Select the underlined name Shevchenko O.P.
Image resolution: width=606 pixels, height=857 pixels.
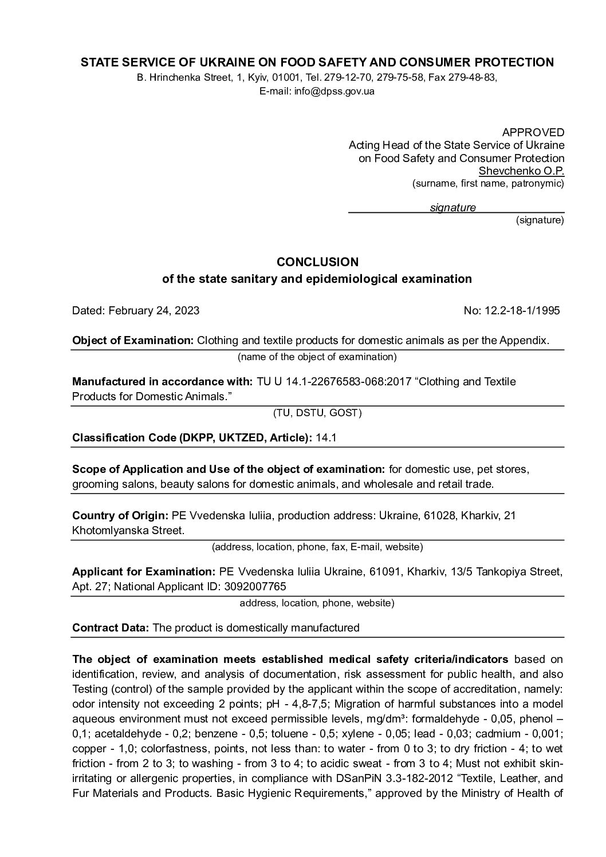(521, 171)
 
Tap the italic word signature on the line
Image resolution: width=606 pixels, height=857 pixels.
(452, 208)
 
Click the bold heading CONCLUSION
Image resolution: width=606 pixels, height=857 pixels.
(317, 262)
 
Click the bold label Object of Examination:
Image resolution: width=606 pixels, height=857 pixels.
(133, 341)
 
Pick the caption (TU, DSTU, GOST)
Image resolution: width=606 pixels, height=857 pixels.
(317, 413)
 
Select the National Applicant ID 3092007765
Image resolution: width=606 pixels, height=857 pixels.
(258, 586)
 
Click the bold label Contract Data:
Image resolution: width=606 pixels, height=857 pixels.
(111, 627)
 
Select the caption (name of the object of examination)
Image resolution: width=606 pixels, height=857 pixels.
(317, 357)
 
